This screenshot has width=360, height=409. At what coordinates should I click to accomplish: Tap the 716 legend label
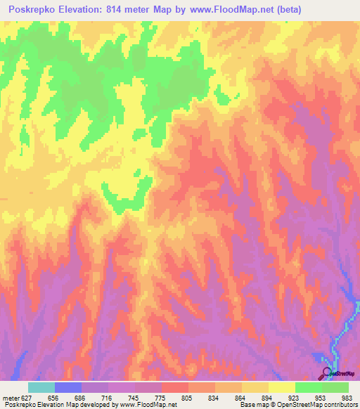coord(108,396)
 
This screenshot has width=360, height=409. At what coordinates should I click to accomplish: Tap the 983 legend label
coord(348,396)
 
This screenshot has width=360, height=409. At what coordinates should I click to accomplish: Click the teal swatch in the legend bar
coord(41,387)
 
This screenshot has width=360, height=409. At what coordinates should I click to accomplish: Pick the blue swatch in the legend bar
coord(68,387)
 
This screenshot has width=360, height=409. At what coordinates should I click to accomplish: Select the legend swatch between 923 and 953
coord(308,387)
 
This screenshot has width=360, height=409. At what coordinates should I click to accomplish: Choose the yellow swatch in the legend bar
coord(255,387)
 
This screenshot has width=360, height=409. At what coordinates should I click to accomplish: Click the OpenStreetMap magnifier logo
coord(328,372)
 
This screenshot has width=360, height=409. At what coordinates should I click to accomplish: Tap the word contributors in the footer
coord(337,405)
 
